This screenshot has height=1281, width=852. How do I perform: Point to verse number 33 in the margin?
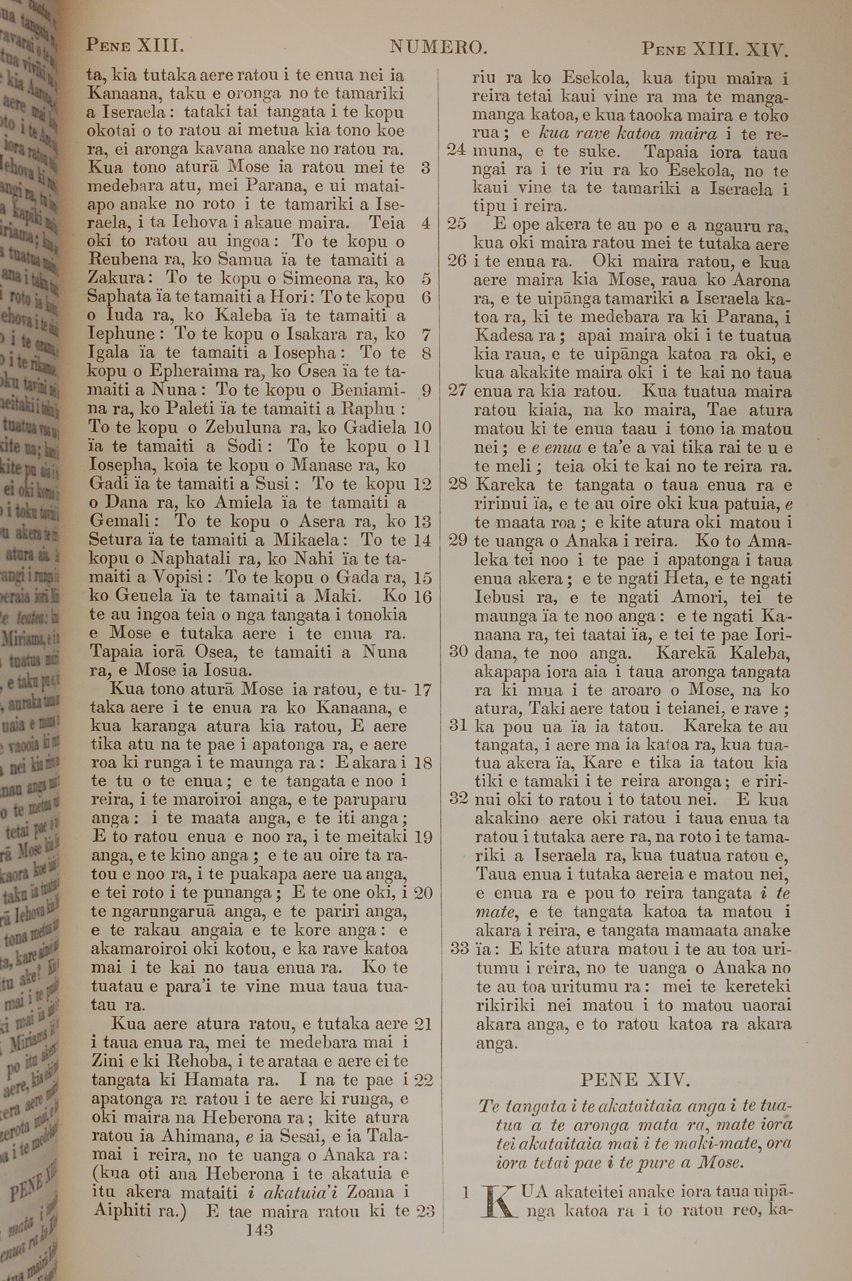[460, 949]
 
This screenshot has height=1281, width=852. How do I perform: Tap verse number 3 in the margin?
[426, 168]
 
